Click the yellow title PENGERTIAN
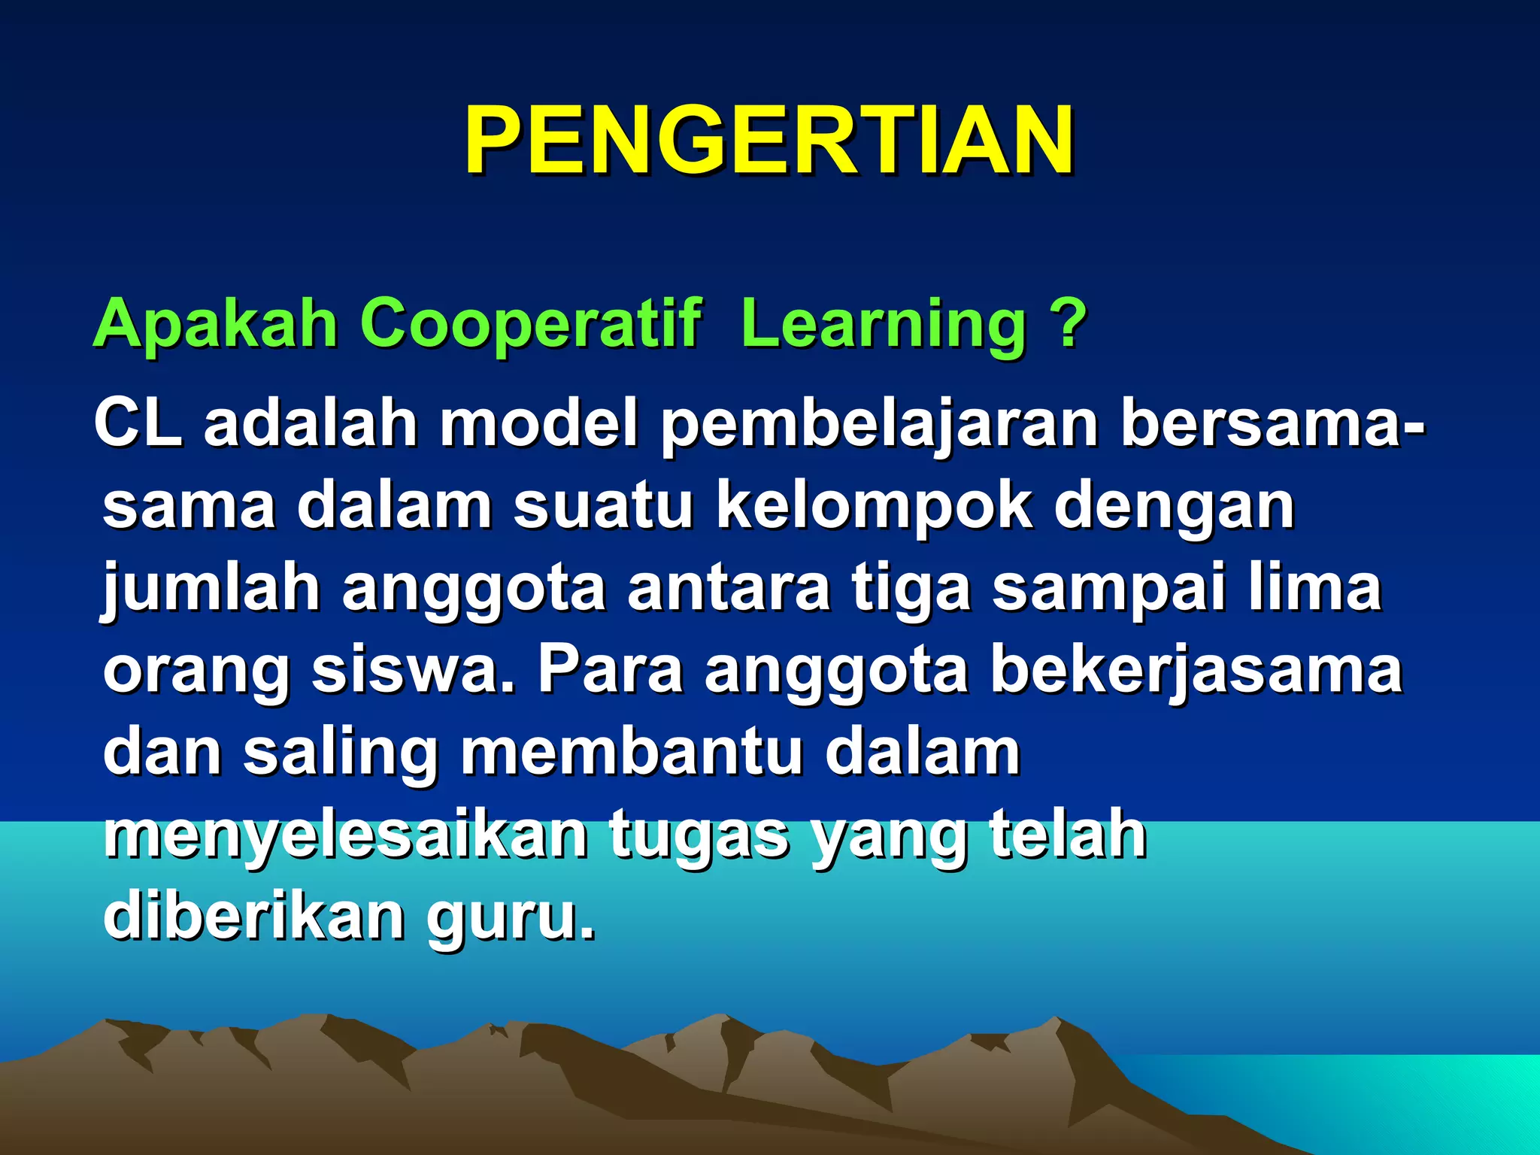[x=769, y=141]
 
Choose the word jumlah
[x=211, y=590]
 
